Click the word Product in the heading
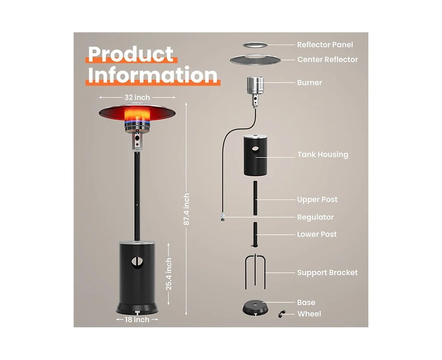130,54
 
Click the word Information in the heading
153,75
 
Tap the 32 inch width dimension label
137,97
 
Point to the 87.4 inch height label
186,209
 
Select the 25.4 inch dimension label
169,274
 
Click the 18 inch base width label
137,320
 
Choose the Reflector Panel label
325,45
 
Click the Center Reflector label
328,60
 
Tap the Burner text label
309,82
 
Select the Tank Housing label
323,155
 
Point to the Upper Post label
317,200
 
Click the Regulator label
315,217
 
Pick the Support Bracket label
328,273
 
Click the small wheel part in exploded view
282,314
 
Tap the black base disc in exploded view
255,308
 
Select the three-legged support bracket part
255,272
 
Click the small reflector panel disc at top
255,45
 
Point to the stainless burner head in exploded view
255,86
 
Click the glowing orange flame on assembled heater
137,115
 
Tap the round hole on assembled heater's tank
137,262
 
